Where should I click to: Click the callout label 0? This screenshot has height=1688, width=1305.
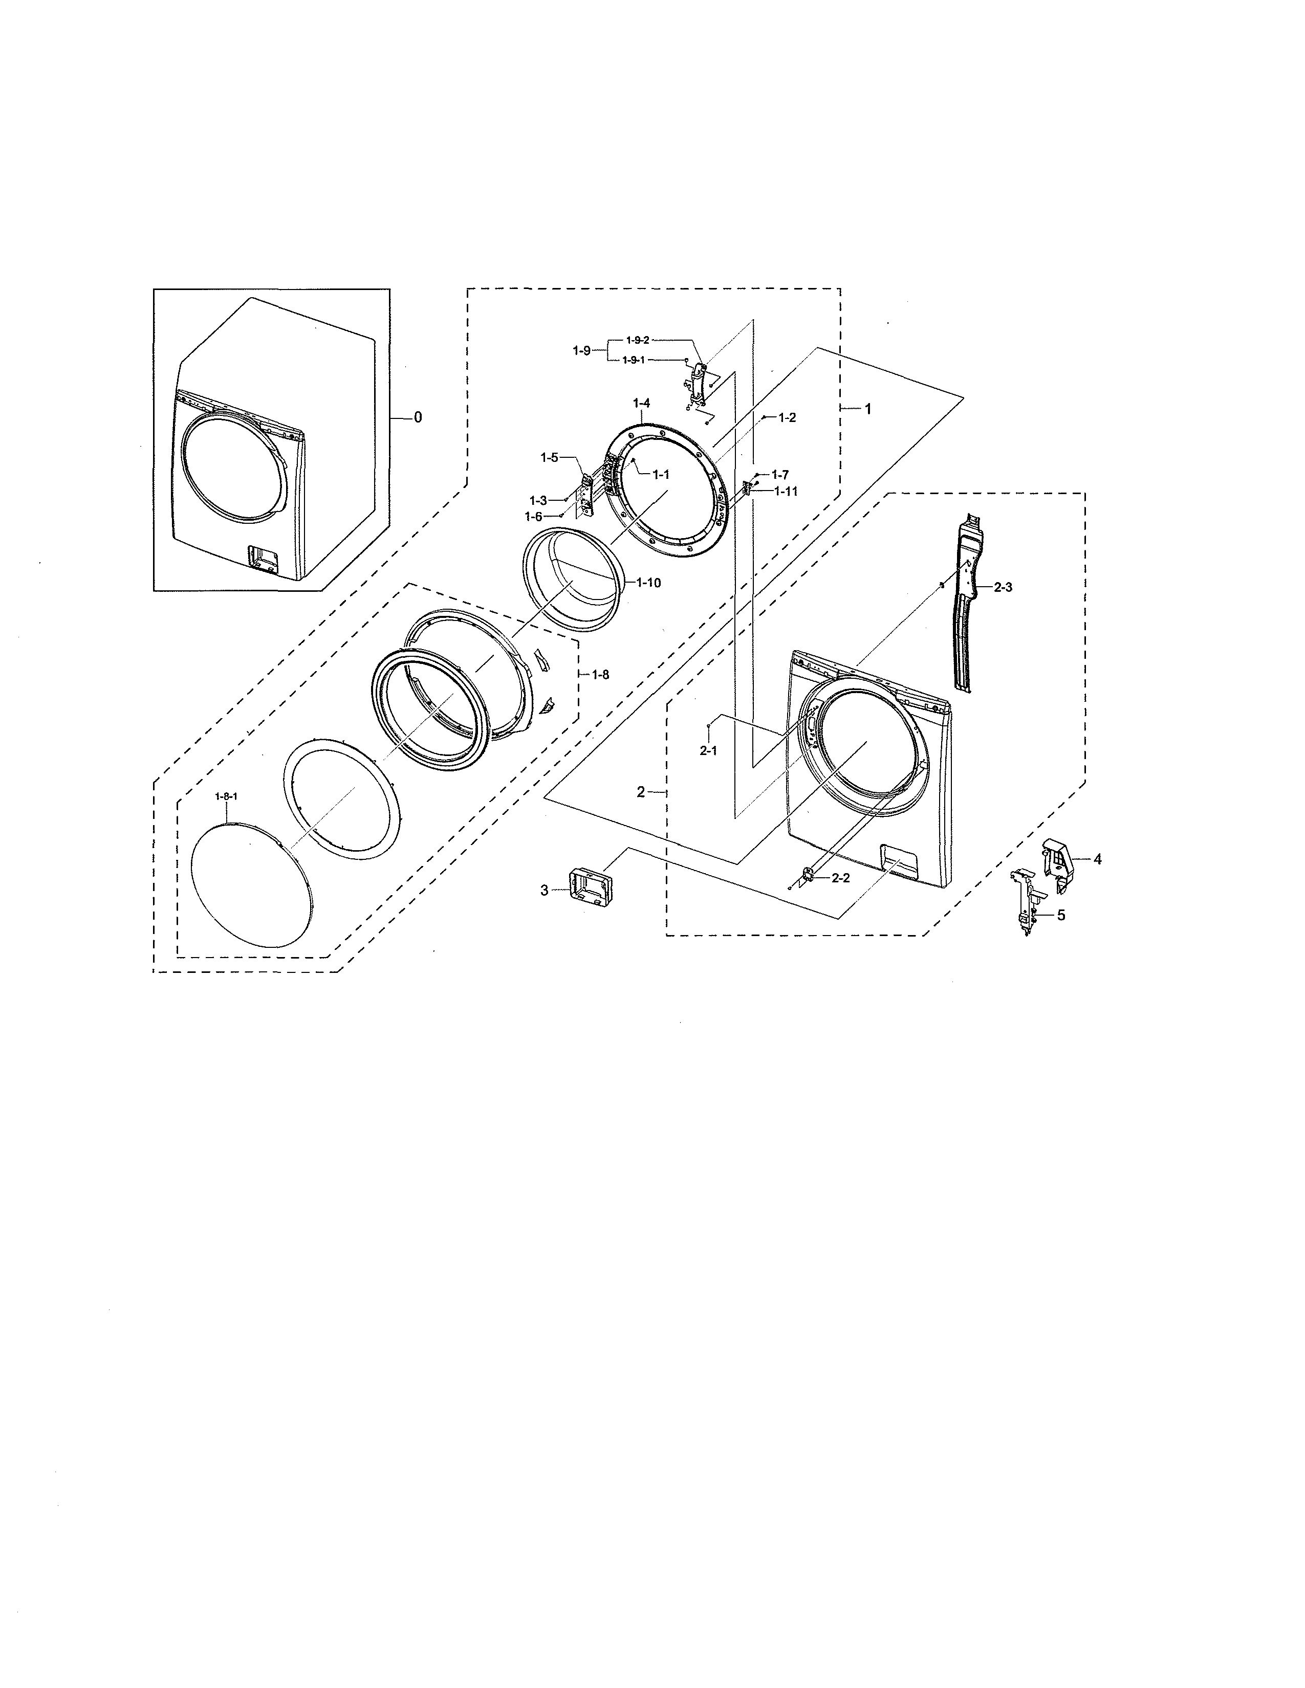[x=418, y=417]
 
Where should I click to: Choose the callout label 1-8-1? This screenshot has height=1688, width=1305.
[x=226, y=796]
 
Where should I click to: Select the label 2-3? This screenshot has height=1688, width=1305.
[x=1003, y=587]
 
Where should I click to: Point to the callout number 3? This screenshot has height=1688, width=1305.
[x=545, y=891]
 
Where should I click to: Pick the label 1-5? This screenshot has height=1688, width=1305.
[x=549, y=458]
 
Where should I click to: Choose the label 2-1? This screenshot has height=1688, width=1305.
[x=708, y=750]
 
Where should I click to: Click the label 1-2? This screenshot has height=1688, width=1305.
[x=787, y=417]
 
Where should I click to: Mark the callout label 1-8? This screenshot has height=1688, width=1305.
[x=601, y=675]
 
